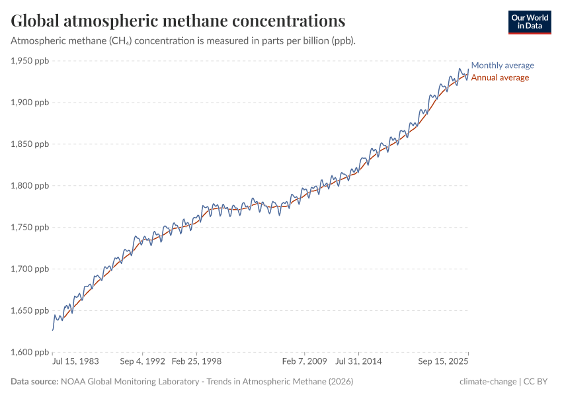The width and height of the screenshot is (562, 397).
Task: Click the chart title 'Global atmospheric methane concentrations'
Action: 178,21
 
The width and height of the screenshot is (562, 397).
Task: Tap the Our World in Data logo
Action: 529,22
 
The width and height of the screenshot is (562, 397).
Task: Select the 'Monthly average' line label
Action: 502,66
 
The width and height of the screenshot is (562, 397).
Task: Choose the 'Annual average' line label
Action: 499,77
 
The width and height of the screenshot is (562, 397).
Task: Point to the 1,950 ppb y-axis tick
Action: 30,61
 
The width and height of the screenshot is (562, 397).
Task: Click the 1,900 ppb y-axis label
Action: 30,103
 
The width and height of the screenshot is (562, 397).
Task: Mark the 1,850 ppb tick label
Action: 30,144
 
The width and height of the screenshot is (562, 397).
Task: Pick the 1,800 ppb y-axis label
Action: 30,186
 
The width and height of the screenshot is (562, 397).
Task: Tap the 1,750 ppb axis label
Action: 30,228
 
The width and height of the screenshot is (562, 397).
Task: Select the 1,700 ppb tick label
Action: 30,269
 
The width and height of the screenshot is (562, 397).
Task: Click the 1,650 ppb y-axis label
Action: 30,311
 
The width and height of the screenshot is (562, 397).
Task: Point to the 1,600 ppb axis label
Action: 30,352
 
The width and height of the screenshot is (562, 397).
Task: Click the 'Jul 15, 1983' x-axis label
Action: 76,363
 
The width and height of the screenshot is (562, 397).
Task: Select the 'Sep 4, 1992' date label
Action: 141,363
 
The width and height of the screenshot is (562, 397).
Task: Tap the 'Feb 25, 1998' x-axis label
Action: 196,363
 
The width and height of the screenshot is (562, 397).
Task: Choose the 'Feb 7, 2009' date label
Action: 304,363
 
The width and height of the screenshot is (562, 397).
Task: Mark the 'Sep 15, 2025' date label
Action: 443,363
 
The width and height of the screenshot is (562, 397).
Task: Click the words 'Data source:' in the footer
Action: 34,382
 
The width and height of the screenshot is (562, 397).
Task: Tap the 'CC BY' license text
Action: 538,382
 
